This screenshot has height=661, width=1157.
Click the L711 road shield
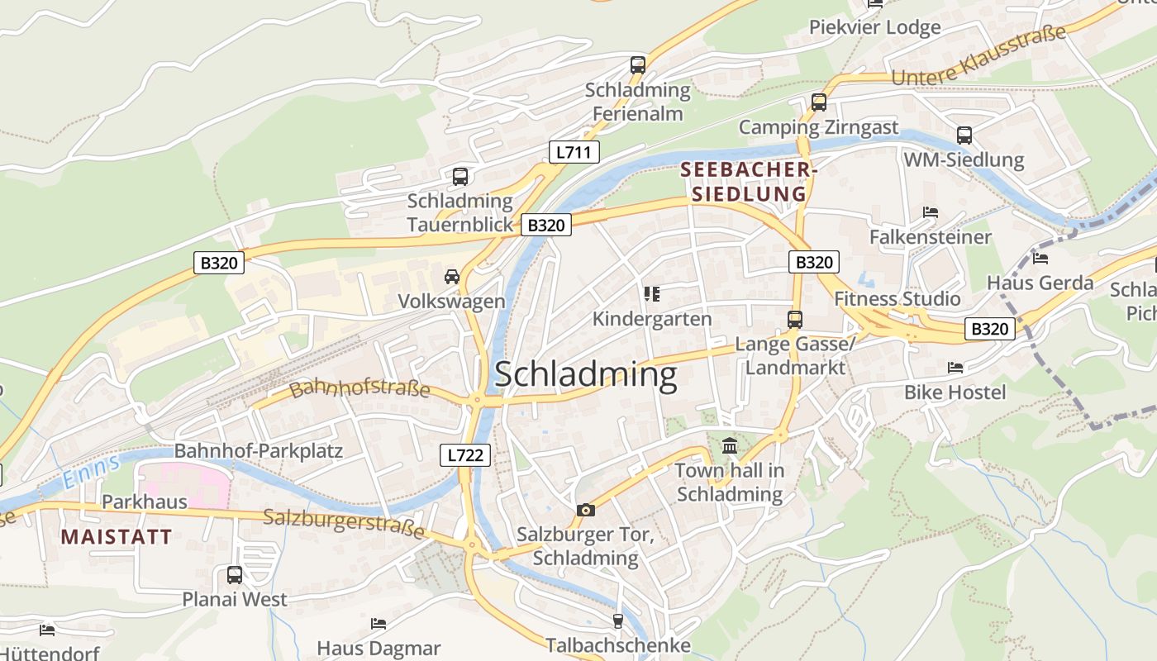point(574,152)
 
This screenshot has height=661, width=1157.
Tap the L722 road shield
point(465,454)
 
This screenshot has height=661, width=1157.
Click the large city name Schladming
point(585,375)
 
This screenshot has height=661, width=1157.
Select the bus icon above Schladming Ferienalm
point(637,64)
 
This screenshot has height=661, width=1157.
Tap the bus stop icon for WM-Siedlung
point(964,136)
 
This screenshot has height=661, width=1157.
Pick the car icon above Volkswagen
point(451,276)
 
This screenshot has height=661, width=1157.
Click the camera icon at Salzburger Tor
point(585,510)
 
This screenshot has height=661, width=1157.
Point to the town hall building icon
point(730,446)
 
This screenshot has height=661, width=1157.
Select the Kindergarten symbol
point(651,294)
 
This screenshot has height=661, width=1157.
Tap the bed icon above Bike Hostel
point(955,367)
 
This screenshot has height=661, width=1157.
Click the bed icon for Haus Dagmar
point(379,623)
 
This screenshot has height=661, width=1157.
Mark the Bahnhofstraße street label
point(359,388)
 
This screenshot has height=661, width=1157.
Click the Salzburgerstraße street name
point(344,522)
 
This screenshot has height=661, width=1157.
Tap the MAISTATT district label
point(117,537)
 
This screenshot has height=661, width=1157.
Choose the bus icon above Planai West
point(235,575)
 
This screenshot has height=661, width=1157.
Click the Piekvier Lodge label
point(874,27)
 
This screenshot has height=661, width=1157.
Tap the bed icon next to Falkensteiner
point(931,212)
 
